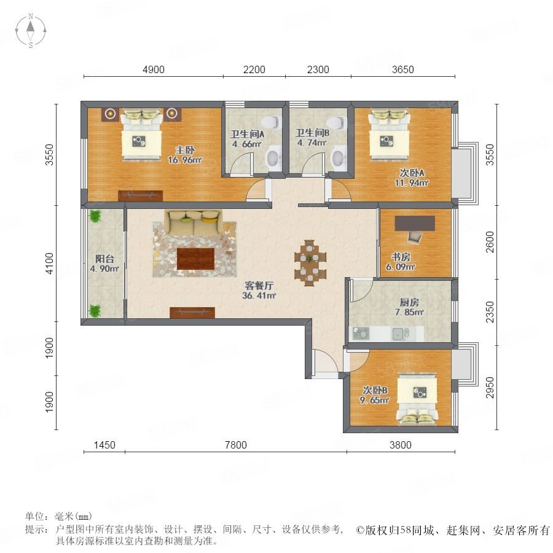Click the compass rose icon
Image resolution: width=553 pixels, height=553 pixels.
(31, 31)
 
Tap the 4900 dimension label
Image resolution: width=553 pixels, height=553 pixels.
(154, 69)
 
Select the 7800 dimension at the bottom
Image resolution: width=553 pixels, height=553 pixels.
(235, 445)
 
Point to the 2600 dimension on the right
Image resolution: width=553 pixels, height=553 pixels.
(490, 242)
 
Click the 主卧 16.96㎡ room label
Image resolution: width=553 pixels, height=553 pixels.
(184, 155)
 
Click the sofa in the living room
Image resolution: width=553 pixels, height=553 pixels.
(194, 222)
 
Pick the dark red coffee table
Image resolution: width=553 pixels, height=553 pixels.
(196, 259)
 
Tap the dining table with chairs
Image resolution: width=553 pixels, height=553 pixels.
(310, 262)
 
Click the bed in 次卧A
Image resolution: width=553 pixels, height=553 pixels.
(390, 135)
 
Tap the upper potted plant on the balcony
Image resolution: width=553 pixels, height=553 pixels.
(95, 216)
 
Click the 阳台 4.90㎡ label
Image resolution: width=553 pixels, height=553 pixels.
(104, 264)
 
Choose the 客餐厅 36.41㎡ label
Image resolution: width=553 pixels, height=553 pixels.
(259, 290)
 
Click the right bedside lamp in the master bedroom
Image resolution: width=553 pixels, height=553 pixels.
(172, 113)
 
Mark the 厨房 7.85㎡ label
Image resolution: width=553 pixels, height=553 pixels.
(409, 307)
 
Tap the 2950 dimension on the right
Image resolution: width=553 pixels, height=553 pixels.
(490, 388)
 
